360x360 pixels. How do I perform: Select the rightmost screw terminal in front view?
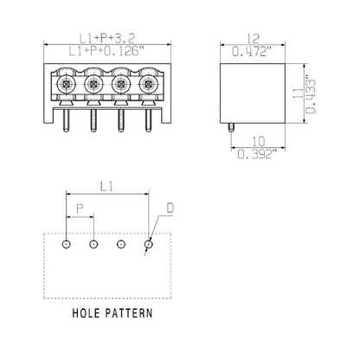coord(148,85)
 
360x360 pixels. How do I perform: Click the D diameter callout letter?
coord(170,208)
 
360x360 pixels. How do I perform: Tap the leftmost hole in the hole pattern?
coord(66,244)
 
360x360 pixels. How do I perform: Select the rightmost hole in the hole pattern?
coord(148,244)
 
